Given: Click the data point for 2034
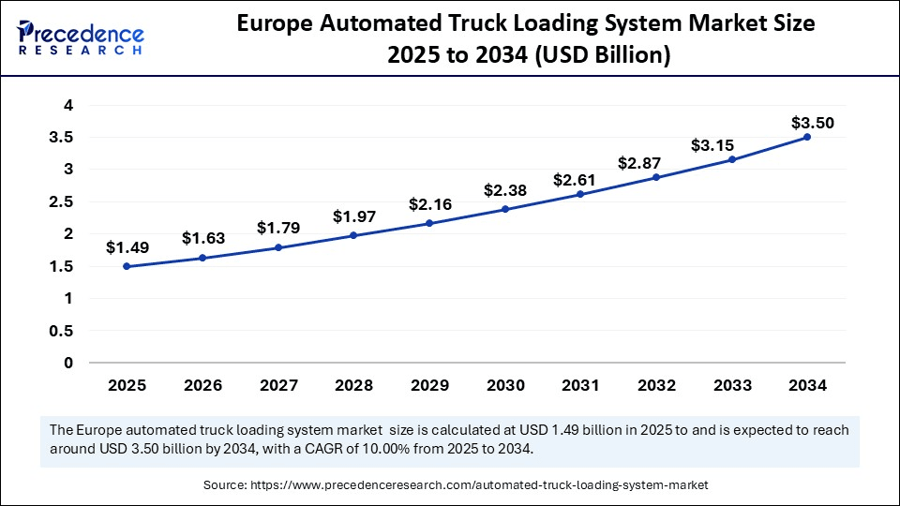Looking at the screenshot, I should tap(807, 137).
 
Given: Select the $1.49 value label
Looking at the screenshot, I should tap(127, 247).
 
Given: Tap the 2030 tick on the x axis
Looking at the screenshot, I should tap(504, 385).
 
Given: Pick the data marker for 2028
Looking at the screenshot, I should tap(353, 235).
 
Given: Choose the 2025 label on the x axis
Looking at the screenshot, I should tap(127, 385).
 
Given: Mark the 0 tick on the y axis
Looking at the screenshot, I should tap(67, 363).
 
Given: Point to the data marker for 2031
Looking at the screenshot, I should tap(580, 194).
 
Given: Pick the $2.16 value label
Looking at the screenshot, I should tap(429, 204).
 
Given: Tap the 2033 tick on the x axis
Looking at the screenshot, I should tap(731, 385).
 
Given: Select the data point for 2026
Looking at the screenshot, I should tap(202, 258).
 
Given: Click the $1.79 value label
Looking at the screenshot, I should tap(278, 228).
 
